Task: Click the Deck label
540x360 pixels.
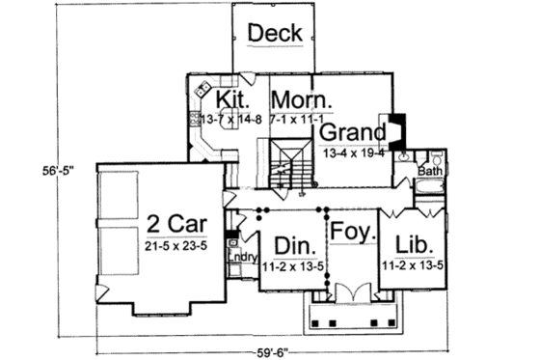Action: pos(276,33)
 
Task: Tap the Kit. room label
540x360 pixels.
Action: pos(234,100)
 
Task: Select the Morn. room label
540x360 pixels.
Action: pos(302,100)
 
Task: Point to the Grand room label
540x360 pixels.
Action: pos(355,131)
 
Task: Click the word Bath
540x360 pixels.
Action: pos(430,171)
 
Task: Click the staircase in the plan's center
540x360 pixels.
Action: pos(289,164)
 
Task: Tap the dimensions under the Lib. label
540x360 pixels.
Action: pos(414,262)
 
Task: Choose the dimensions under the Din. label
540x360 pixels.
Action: pos(291,262)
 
